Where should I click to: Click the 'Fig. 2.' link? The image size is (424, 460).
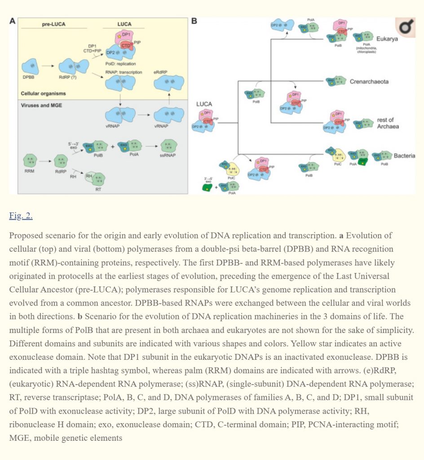[21, 216]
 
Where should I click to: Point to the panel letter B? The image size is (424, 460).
[194, 21]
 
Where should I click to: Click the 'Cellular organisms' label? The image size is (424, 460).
[43, 94]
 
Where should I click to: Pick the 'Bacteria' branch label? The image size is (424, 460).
[404, 156]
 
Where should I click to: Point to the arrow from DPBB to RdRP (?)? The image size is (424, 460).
[48, 66]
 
